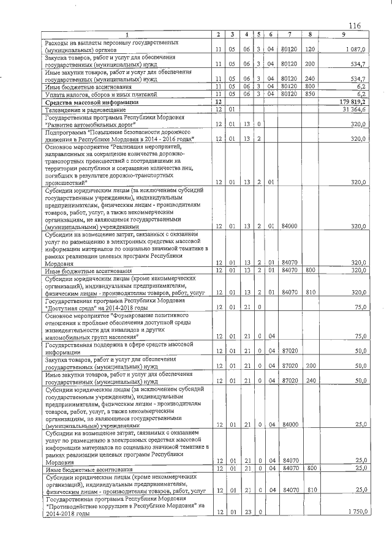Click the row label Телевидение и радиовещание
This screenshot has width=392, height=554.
pyautogui.click(x=82, y=109)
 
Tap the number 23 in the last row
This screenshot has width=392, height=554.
pyautogui.click(x=247, y=511)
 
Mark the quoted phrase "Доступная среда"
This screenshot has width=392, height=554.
pyautogui.click(x=73, y=307)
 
